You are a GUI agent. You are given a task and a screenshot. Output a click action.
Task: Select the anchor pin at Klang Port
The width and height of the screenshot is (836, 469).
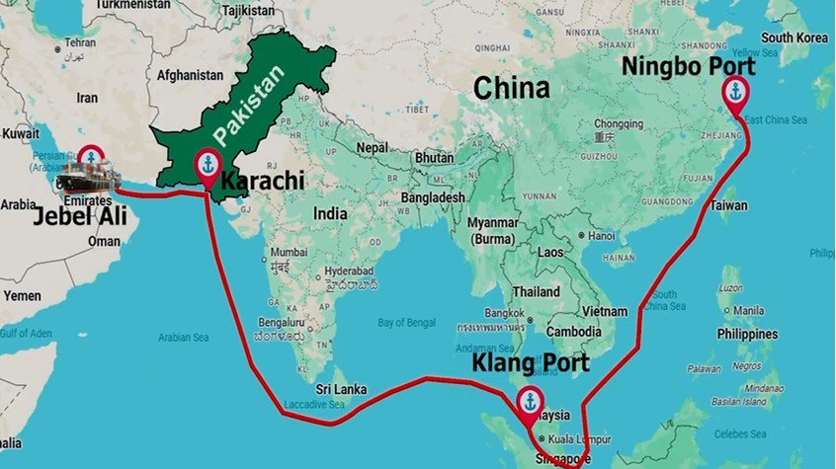pyautogui.click(x=530, y=402)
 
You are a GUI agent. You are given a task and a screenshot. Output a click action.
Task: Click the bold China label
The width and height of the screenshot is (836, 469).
pyautogui.click(x=511, y=89)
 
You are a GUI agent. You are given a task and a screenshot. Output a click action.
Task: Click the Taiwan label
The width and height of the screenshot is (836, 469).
pyautogui.click(x=728, y=206)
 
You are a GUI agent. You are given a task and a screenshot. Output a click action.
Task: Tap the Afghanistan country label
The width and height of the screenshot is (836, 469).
pyautogui.click(x=190, y=75)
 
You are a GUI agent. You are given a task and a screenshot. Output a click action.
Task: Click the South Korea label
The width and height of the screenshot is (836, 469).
pyautogui.click(x=794, y=38)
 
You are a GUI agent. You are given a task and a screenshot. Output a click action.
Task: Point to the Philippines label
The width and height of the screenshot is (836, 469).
pyautogui.click(x=747, y=334)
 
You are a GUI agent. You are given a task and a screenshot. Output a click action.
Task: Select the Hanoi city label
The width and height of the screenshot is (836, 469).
pyautogui.click(x=601, y=236)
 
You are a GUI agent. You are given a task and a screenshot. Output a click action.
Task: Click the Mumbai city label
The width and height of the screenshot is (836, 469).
pyautogui.click(x=288, y=252)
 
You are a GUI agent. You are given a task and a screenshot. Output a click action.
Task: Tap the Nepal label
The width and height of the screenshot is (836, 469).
pyautogui.click(x=373, y=147)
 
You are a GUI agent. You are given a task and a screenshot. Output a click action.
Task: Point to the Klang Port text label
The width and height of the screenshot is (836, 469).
pyautogui.click(x=530, y=363)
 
